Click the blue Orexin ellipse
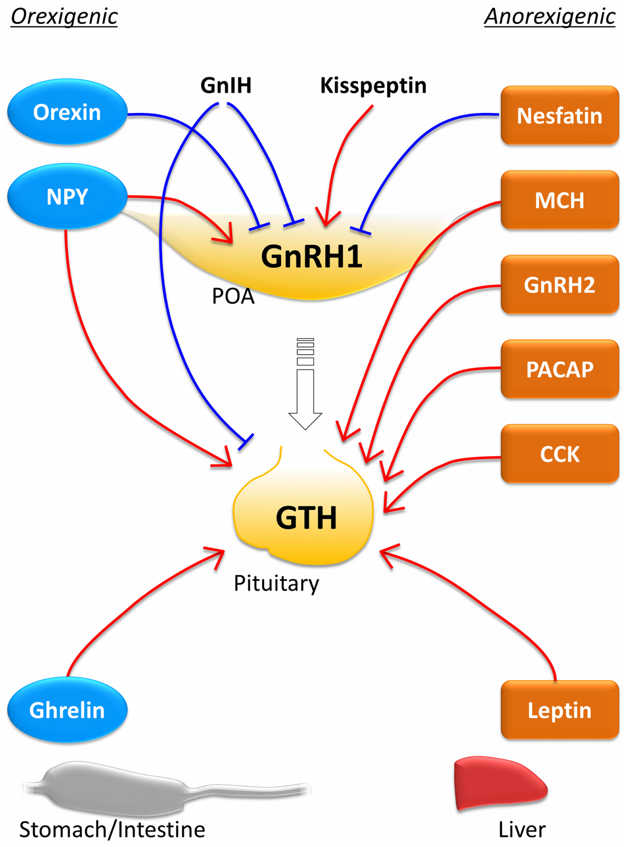tap(67, 112)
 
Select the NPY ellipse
tap(67, 197)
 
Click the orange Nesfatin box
tap(559, 116)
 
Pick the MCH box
tap(559, 200)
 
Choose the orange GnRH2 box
tap(559, 285)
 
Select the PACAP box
tap(559, 369)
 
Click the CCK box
tap(559, 454)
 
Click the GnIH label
tap(226, 86)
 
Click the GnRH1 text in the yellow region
tap(311, 257)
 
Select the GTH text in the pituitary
tap(306, 518)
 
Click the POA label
tap(233, 296)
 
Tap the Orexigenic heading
tap(64, 17)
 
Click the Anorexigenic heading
tap(549, 17)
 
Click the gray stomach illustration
tap(114, 788)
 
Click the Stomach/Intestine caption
tap(112, 830)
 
